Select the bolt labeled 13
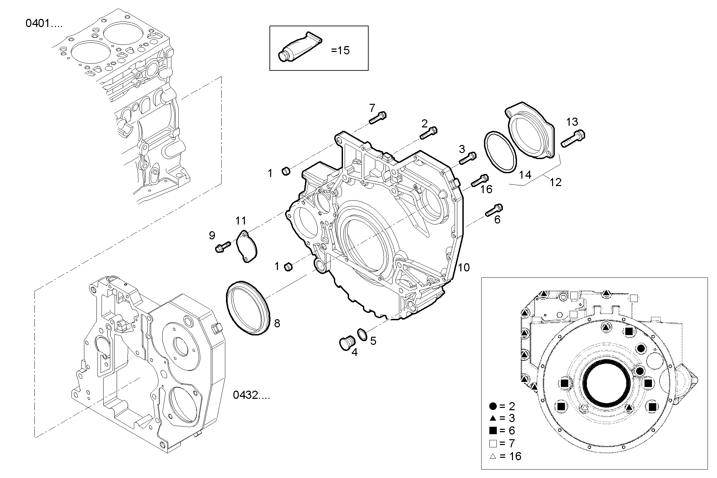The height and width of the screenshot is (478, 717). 573,139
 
